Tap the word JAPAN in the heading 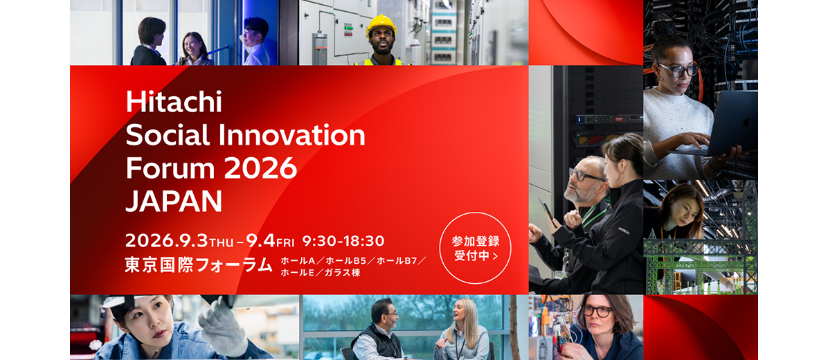coord(174,201)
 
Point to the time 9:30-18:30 coord(343,241)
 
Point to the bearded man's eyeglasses coord(586,174)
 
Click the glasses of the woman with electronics coord(597,311)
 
